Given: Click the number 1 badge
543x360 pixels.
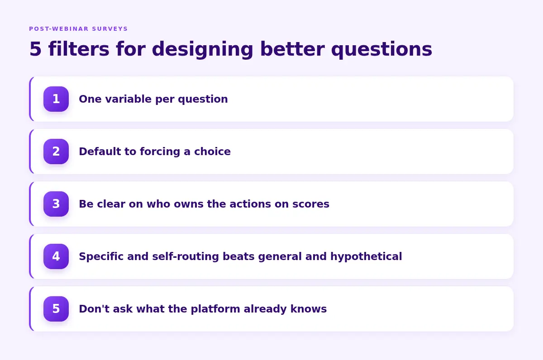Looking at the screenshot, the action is click(x=56, y=99).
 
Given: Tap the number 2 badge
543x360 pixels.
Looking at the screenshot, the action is click(x=56, y=152).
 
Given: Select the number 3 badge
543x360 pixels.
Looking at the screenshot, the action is click(x=56, y=204).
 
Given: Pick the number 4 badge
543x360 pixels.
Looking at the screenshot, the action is click(x=56, y=256).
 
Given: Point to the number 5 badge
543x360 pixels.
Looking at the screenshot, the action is click(x=56, y=308).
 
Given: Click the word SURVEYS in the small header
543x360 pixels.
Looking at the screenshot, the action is click(x=110, y=29).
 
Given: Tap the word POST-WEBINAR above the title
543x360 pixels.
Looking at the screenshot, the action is click(x=59, y=29).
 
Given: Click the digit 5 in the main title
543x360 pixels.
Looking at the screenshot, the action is click(x=35, y=49).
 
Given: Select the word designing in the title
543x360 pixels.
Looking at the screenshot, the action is click(x=203, y=50).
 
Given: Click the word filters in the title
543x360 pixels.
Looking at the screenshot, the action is click(x=79, y=49).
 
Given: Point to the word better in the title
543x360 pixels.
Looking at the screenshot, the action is click(x=292, y=49).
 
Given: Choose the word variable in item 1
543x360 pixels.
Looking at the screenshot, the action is click(x=129, y=99).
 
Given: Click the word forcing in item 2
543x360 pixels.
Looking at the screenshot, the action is click(x=160, y=152).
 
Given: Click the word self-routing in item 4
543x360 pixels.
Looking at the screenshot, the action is click(x=186, y=257).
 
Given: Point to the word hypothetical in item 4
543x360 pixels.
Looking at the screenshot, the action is click(x=366, y=257).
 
